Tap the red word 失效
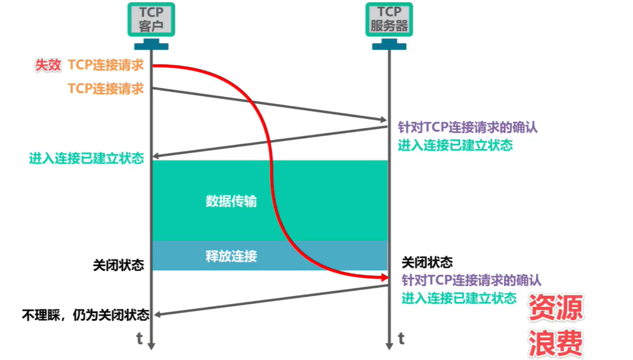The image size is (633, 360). click(48, 65)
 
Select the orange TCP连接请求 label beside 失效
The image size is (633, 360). click(106, 65)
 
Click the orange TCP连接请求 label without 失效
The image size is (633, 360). click(106, 88)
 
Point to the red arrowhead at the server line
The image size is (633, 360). click(384, 277)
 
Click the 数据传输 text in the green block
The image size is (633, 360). click(231, 201)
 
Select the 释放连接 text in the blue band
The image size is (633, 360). click(231, 256)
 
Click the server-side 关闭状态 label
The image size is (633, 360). click(427, 262)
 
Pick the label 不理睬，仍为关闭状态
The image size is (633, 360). click(85, 315)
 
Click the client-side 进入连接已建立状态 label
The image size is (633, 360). click(87, 158)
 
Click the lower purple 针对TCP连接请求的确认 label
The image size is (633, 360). click(472, 280)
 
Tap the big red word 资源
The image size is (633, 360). click(556, 308)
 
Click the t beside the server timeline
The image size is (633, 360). click(401, 339)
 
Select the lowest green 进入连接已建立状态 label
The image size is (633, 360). click(459, 298)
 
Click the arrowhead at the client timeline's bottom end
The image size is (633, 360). click(151, 346)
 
